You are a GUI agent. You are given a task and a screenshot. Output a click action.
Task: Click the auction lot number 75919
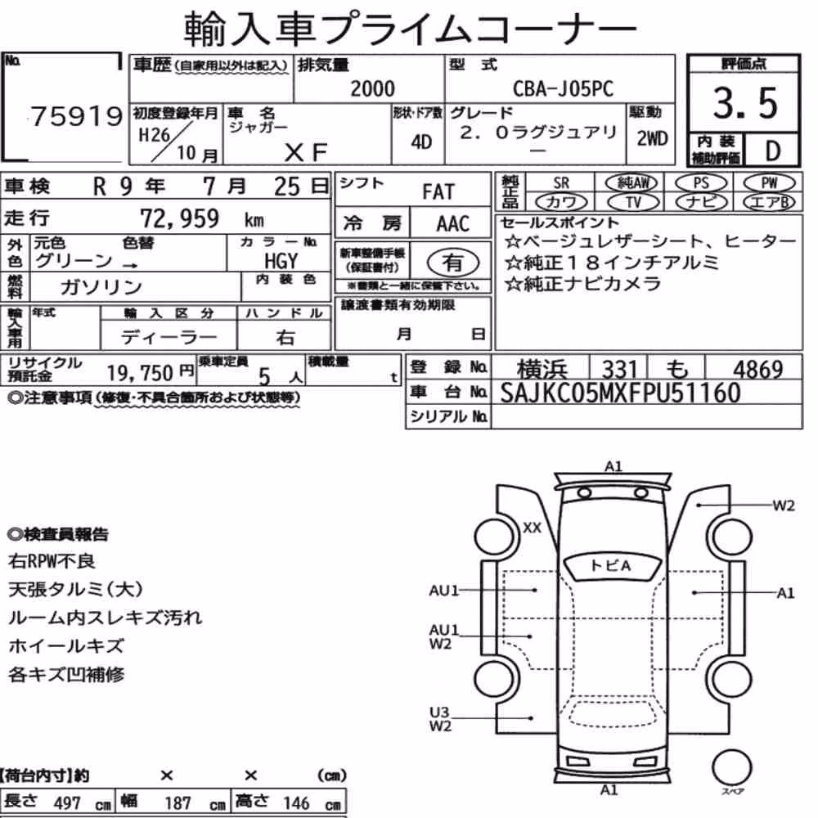point(77,116)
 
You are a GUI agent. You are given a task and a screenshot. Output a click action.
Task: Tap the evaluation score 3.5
point(745,103)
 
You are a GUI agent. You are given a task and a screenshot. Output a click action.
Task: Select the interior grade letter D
point(773,151)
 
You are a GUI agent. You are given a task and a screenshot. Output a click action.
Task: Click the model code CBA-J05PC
point(563,88)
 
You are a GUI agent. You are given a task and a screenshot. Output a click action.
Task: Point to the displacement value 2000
point(372,88)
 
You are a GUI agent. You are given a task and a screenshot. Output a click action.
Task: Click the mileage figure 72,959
point(179,218)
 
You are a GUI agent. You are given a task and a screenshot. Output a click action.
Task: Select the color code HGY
point(281,260)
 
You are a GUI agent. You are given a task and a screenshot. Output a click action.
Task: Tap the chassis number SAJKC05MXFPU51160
point(620,393)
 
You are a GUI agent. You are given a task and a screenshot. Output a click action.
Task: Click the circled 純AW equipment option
point(631,182)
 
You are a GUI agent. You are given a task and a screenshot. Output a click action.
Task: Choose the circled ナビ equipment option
point(702,202)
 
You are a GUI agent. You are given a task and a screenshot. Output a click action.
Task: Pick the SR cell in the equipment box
point(561,183)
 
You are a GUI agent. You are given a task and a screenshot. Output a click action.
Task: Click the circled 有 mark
point(453,263)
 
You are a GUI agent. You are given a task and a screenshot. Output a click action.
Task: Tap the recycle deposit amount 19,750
point(140,373)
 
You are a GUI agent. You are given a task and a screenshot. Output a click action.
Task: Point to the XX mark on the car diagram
point(533,528)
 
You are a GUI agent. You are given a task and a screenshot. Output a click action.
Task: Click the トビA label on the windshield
point(610,565)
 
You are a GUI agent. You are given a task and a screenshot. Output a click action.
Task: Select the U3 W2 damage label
point(440,719)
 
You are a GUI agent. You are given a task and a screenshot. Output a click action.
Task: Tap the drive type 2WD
point(652,139)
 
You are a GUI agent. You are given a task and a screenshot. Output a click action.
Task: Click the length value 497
point(67,803)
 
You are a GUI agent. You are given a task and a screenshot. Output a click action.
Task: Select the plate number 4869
point(758,370)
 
